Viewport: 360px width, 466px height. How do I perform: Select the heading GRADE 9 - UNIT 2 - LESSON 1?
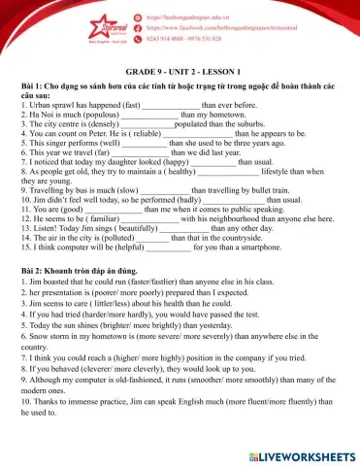pyautogui.click(x=180, y=73)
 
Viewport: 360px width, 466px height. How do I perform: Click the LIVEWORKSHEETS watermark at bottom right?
pyautogui.click(x=301, y=452)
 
